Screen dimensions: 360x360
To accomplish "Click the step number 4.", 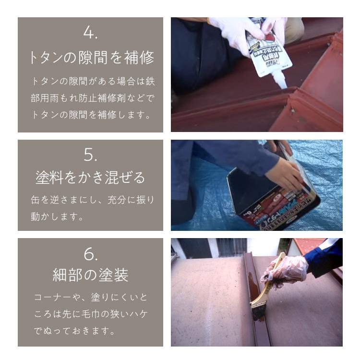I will (x=90, y=33).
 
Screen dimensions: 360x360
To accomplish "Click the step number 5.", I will (x=90, y=155).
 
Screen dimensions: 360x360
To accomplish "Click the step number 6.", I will (x=90, y=252).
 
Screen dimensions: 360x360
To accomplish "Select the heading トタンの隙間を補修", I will (x=90, y=58).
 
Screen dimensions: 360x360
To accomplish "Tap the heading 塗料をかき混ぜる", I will (x=90, y=178).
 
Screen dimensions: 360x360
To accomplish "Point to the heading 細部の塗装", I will (x=90, y=276).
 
